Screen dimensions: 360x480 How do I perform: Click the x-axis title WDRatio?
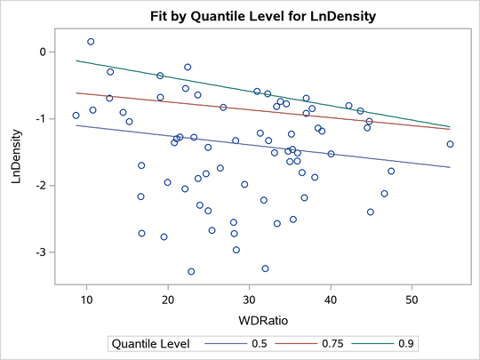[250, 317]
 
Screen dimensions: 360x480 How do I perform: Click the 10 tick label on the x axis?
[86, 299]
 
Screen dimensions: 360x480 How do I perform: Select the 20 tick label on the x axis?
[168, 299]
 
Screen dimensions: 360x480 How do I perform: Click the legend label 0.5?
[252, 342]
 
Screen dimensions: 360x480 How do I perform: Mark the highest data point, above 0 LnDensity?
[91, 42]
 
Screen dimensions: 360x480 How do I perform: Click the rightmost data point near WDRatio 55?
[451, 144]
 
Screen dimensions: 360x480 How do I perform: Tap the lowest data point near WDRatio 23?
[191, 271]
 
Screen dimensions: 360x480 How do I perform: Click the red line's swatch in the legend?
[288, 342]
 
